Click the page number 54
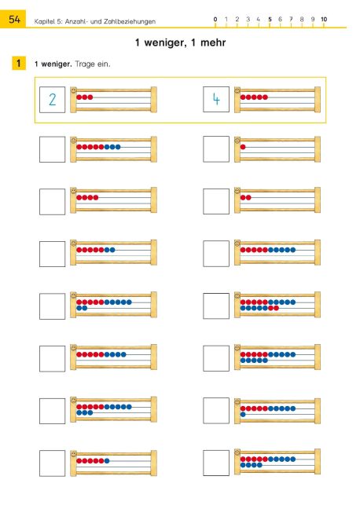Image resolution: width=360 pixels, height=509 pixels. [x=14, y=19]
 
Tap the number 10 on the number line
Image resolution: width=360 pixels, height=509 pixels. [x=324, y=19]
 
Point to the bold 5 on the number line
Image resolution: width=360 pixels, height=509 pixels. [x=270, y=19]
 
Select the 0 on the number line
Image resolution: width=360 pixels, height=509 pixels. [x=215, y=19]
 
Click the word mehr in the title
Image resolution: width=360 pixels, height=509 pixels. [x=213, y=42]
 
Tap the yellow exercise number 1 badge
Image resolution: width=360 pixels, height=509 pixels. [x=19, y=63]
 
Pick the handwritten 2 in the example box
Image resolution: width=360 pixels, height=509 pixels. [x=53, y=99]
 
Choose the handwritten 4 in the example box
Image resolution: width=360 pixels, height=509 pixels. [x=216, y=99]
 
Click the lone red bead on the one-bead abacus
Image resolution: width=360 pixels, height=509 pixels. [x=243, y=147]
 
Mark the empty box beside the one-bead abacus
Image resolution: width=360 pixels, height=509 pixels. [x=216, y=149]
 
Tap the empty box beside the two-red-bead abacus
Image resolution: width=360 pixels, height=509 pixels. [x=216, y=201]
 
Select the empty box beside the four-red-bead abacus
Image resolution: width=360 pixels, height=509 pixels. [x=53, y=202]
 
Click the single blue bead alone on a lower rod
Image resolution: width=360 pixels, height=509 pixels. [x=243, y=415]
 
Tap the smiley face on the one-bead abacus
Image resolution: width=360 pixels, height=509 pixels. [x=237, y=141]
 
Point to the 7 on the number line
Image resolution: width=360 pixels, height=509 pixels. [x=291, y=19]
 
